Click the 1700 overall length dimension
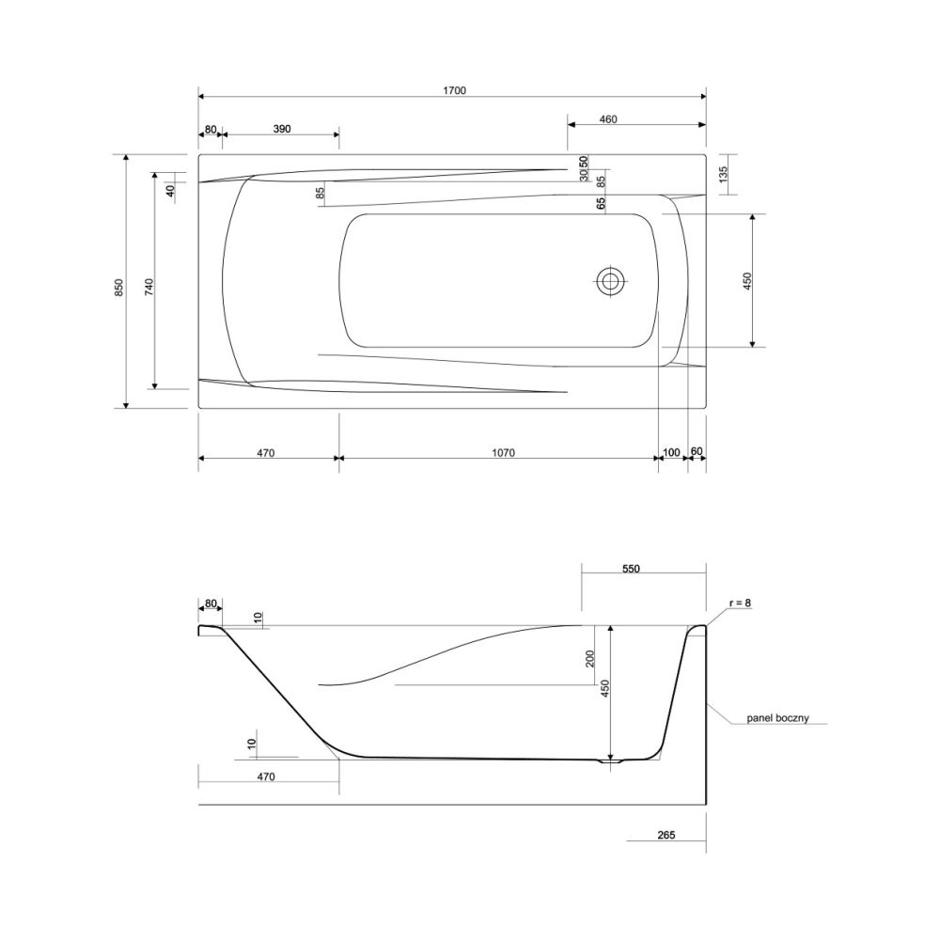(454, 90)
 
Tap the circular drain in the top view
(611, 280)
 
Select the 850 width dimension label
(118, 288)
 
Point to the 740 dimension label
(149, 287)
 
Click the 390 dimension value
(282, 129)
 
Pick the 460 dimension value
(608, 119)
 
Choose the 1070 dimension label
(504, 453)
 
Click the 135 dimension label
(723, 175)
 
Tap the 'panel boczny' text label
(777, 717)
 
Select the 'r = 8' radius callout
(740, 603)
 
